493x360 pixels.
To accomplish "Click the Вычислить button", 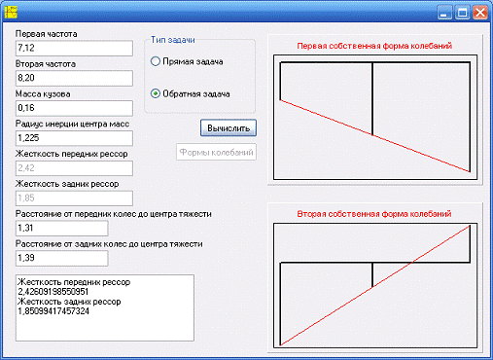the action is (x=229, y=127).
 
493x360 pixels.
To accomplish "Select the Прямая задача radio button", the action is (x=156, y=61).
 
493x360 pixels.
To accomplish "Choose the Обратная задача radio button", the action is (x=156, y=93).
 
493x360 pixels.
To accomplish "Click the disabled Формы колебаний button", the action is (x=216, y=152).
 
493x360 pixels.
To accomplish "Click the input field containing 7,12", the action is (x=74, y=48).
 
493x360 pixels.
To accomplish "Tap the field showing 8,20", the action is (x=74, y=78).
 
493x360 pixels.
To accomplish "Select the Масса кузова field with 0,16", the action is (x=74, y=108).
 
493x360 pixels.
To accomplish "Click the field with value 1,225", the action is (x=74, y=138).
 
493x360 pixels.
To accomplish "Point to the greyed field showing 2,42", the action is (x=74, y=168).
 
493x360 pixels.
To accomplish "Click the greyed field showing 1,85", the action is (x=74, y=198).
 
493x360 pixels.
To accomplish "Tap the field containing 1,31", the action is (x=61, y=228).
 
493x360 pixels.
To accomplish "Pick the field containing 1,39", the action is (x=61, y=258).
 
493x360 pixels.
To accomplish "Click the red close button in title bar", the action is (x=480, y=13).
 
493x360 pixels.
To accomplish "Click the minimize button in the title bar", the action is (x=444, y=13).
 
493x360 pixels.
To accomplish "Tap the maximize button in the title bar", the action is (x=462, y=13).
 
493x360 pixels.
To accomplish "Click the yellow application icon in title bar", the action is (x=11, y=12).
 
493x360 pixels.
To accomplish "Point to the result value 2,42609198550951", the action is (x=53, y=292).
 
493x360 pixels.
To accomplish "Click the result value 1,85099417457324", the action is (x=53, y=311).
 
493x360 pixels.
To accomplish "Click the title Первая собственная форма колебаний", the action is (x=374, y=46).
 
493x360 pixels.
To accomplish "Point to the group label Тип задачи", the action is (x=173, y=40).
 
